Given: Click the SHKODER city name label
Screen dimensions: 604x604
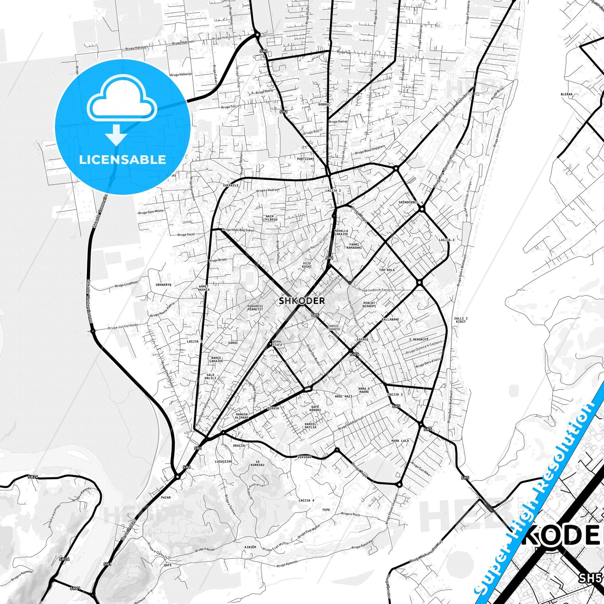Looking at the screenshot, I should coord(301,301).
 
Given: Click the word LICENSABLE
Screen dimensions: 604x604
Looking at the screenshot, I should coord(122,160).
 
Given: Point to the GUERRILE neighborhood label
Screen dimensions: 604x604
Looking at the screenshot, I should coord(231,185).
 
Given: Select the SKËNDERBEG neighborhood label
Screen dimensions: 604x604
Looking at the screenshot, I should coord(408,202).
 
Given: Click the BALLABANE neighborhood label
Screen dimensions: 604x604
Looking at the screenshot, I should coord(390,319).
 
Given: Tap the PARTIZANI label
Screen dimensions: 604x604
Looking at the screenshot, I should coord(306,159).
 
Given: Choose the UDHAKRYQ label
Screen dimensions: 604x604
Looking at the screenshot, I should coord(163,285).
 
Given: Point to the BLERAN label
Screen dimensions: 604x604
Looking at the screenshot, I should coord(566,94).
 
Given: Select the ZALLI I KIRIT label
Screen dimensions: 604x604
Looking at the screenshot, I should coord(461,320).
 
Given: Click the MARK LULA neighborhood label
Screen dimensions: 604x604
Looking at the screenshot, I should coord(400,441).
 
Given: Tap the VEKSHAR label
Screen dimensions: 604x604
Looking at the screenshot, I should coord(304,457).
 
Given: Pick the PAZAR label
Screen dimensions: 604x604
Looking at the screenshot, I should coord(166,498).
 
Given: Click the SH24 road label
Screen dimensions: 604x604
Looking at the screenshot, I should coord(33,477).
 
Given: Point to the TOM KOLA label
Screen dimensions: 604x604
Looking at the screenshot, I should coord(387,270).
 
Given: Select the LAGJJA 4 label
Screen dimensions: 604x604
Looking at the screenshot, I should coord(306,500).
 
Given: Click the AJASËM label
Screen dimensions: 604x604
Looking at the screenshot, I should coord(250,547).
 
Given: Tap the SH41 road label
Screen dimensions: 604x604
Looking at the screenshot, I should coord(75,588).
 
